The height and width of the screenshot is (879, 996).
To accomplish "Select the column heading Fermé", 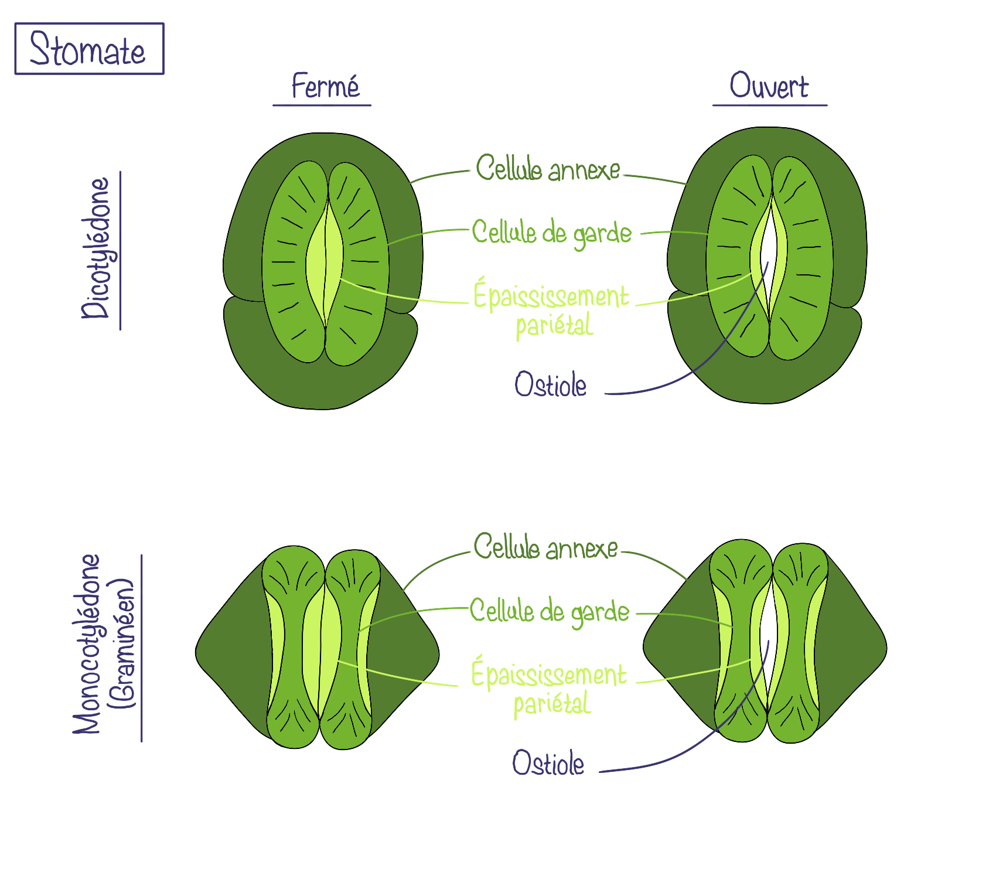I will [325, 87].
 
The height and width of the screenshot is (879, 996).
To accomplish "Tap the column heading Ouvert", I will [769, 86].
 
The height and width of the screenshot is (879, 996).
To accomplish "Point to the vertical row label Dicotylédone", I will [96, 248].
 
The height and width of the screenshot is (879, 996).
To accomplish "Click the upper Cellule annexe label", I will [547, 169].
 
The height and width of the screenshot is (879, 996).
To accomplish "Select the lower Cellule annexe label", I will [545, 548].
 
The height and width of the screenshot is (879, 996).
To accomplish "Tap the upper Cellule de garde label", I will [551, 233].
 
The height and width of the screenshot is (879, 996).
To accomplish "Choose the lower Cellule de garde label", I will [549, 612].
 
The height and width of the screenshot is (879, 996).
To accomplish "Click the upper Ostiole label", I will [550, 385].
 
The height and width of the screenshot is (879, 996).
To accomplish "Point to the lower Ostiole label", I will [548, 764].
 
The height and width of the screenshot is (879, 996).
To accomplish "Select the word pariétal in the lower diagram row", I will [552, 703].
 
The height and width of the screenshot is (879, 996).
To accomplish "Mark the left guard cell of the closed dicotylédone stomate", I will [287, 264].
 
